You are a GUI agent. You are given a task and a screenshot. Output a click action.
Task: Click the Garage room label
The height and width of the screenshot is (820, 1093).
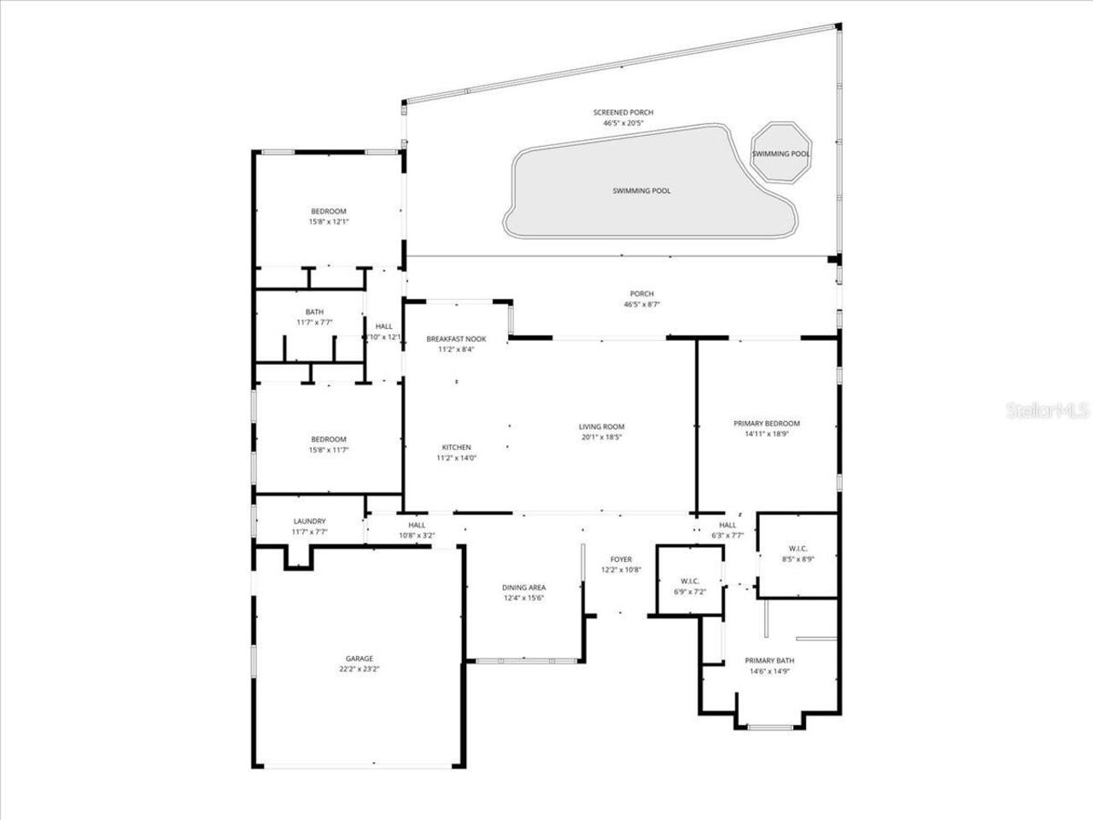(359, 659)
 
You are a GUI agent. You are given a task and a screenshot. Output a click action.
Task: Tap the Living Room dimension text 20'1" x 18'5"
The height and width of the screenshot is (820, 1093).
(602, 437)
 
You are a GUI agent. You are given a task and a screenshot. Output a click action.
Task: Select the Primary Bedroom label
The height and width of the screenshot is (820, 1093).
(766, 424)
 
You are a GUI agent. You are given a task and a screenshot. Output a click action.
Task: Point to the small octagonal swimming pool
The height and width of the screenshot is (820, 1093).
(780, 153)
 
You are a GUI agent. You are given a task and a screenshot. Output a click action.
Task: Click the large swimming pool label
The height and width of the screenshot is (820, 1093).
(641, 190)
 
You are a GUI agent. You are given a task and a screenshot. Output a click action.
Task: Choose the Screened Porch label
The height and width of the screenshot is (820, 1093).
(623, 113)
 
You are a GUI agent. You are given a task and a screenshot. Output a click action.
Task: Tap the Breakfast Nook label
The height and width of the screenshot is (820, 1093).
(456, 339)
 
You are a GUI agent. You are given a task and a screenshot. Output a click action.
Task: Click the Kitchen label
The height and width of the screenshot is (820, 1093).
(456, 448)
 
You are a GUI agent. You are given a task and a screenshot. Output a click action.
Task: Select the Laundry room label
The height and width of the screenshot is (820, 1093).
(309, 521)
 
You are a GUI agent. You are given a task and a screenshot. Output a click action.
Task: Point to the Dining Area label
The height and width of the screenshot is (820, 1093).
(523, 588)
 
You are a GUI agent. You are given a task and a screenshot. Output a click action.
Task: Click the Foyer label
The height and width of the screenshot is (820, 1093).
(621, 559)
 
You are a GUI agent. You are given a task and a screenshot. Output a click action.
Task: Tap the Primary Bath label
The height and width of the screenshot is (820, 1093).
(769, 660)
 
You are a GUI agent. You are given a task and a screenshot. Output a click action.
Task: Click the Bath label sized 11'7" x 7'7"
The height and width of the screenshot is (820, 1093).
(314, 312)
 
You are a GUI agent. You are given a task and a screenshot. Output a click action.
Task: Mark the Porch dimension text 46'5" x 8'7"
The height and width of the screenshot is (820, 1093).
(641, 304)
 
